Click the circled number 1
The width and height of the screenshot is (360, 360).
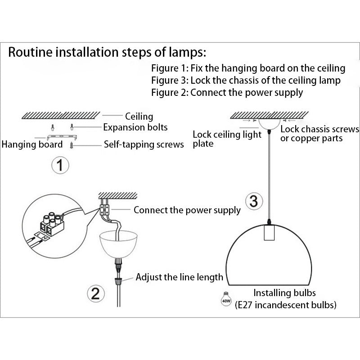59,165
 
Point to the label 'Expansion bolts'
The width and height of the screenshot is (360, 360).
135,127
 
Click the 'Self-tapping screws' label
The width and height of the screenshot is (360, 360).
144,144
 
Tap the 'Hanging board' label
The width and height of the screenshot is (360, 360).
32,144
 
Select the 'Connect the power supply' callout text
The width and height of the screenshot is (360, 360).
187,210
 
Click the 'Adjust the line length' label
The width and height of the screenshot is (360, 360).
179,277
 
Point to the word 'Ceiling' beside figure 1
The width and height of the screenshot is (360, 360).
139,117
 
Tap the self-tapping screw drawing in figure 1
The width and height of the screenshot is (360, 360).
72,145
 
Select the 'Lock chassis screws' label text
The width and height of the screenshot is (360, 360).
319,130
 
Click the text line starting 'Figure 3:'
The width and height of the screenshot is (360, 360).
246,81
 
